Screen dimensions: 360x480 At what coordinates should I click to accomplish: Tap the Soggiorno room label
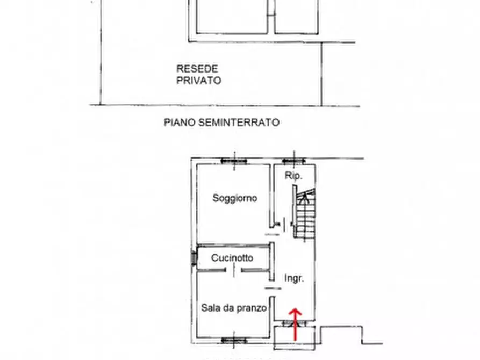[x=234, y=198]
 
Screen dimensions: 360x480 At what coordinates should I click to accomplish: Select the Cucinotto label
[x=232, y=258]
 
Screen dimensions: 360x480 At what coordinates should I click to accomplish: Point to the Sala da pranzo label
[x=234, y=308]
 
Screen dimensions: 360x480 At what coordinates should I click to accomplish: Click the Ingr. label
[x=294, y=278]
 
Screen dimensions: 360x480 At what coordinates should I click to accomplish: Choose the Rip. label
[x=293, y=176]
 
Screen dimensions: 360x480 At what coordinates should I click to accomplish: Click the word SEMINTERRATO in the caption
[x=239, y=123]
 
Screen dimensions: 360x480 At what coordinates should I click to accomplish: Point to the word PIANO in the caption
[x=180, y=123]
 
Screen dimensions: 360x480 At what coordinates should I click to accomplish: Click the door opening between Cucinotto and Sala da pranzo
[x=234, y=270]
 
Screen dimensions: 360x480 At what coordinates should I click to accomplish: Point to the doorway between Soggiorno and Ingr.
[x=273, y=234]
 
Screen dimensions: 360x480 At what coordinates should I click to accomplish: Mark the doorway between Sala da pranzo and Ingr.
[x=273, y=289]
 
